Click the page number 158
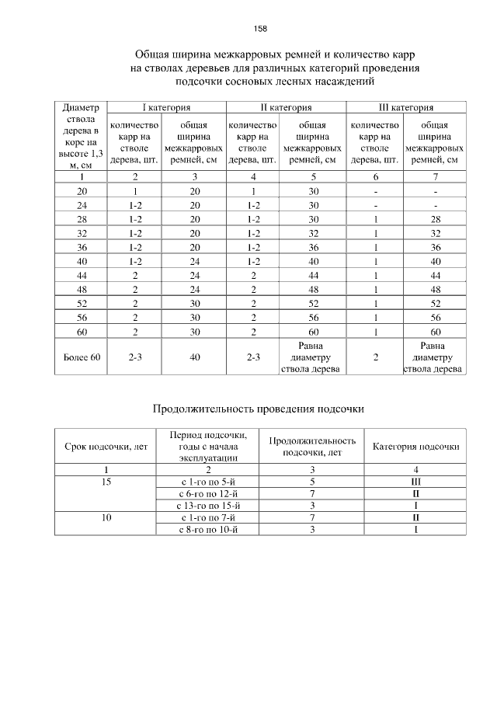(260, 29)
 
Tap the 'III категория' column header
(405, 107)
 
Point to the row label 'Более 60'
(81, 357)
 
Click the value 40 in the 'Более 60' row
(194, 357)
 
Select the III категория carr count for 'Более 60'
(375, 357)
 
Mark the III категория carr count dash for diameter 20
(375, 190)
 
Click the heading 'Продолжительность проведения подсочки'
(257, 408)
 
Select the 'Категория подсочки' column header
(415, 447)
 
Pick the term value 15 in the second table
(106, 482)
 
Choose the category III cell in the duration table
(415, 482)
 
